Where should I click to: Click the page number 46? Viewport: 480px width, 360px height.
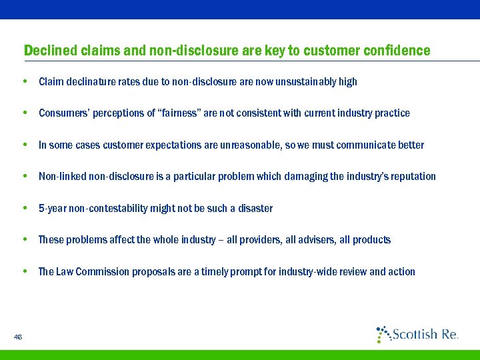pos(18,337)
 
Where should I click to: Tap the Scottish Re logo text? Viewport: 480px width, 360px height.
pos(424,334)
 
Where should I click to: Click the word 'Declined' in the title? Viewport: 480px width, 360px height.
pos(50,51)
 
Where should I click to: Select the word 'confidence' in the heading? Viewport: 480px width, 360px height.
pos(396,51)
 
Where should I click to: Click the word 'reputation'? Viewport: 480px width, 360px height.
pos(412,177)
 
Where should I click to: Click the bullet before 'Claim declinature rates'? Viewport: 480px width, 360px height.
pos(25,82)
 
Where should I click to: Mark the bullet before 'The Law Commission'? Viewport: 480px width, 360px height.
pos(25,272)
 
